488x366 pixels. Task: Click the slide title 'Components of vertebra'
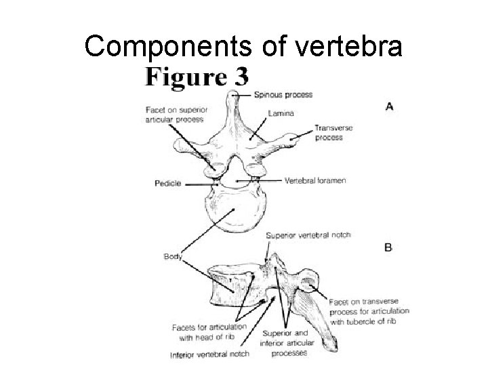point(243,46)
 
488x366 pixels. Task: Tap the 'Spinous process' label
point(283,95)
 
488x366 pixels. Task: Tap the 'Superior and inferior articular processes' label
point(283,343)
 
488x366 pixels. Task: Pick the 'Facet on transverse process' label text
point(369,311)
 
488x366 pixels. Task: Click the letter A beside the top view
point(389,106)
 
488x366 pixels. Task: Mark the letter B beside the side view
point(388,248)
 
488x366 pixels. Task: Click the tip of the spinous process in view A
point(237,96)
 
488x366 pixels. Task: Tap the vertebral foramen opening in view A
point(237,176)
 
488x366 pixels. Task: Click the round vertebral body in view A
point(236,212)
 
